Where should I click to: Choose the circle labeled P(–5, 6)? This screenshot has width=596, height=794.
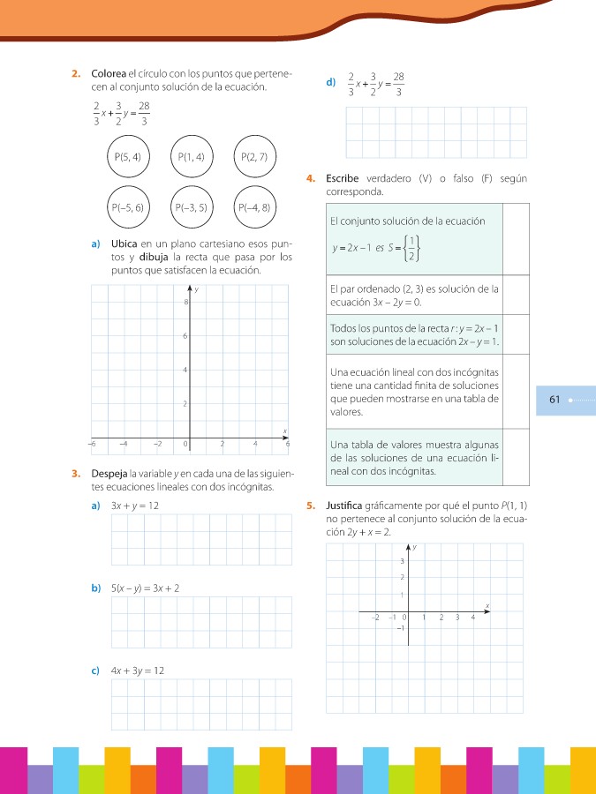click(128, 208)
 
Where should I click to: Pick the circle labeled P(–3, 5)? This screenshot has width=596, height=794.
click(192, 208)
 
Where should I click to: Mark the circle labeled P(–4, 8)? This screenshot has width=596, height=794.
click(254, 208)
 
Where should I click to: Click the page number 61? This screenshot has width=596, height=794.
click(555, 400)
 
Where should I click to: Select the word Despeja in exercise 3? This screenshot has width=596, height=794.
click(109, 475)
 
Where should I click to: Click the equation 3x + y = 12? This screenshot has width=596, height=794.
click(135, 506)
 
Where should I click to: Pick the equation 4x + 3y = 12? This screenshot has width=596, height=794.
click(138, 670)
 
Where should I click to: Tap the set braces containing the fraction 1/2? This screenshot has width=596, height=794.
click(410, 249)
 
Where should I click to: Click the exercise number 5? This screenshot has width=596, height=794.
click(311, 507)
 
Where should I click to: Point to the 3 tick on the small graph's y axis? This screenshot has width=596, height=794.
click(402, 561)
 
